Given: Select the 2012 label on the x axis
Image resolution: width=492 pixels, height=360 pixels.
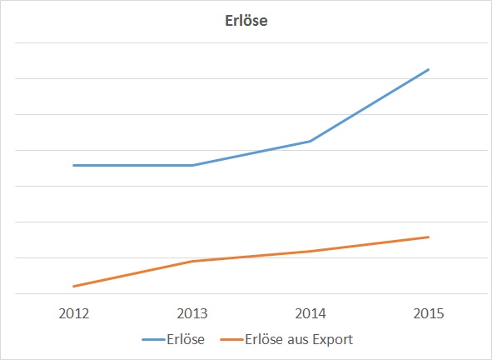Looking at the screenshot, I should point(74,314).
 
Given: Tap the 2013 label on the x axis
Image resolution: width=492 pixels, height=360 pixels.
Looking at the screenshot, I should point(192,314).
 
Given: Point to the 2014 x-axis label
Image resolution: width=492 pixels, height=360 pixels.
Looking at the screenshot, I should point(311,314).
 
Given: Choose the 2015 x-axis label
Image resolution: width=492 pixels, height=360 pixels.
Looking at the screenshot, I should point(429,314).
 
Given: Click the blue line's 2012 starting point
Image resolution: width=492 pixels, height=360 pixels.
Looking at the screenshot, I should point(74,165).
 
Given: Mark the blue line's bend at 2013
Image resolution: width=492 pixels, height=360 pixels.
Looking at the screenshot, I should point(192,165).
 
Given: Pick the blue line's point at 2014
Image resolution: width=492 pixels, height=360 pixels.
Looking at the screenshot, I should point(311,141).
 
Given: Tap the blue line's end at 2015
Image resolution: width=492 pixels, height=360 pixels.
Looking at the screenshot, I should point(429,69).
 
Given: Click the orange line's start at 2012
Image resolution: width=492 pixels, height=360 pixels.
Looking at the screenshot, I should point(74,287).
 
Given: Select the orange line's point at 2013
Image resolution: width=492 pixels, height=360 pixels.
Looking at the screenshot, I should point(192,262).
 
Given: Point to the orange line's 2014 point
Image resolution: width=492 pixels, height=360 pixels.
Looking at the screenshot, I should point(311,251).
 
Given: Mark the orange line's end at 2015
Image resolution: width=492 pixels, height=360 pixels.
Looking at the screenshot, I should point(429,237).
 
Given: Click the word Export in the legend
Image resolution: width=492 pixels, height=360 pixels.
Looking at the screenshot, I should point(330,339).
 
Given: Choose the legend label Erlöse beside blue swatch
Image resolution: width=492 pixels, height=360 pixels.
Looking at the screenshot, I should point(185,339).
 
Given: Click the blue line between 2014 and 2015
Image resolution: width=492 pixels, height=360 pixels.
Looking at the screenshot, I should point(370,105).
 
